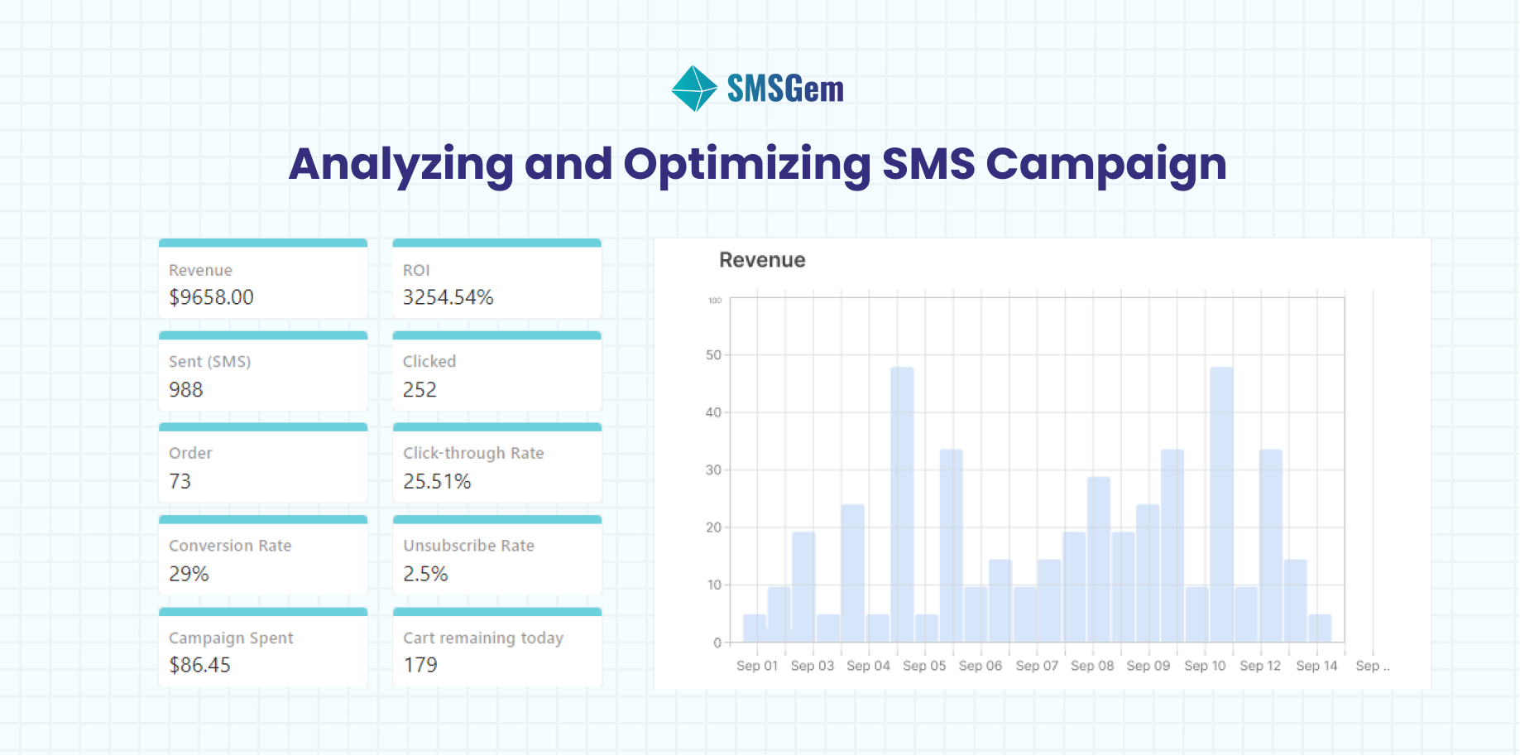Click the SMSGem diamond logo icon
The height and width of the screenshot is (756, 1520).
[693, 89]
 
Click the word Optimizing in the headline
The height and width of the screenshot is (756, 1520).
[746, 164]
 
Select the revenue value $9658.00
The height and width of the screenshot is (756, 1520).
[211, 297]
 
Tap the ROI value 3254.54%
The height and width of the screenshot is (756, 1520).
[448, 297]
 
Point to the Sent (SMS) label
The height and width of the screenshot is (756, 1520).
[209, 362]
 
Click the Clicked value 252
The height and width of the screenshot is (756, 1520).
[420, 390]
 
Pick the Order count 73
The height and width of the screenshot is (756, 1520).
[180, 482]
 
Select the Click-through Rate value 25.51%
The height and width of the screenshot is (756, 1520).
[437, 482]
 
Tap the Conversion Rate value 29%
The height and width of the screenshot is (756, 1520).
[189, 574]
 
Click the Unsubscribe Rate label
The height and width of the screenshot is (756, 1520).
[468, 546]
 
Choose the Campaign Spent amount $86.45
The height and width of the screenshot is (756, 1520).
[199, 665]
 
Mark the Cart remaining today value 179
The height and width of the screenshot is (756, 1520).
[420, 665]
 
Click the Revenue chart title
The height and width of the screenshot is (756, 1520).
[762, 260]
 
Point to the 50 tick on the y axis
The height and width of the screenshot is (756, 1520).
[713, 355]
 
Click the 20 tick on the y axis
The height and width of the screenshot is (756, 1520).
[713, 527]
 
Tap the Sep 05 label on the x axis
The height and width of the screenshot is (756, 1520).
[923, 666]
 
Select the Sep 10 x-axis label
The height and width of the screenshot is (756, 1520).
[1205, 666]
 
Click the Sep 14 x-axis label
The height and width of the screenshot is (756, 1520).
[1316, 666]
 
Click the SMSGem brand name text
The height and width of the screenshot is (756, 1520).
[785, 89]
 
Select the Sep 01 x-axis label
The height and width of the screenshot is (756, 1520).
[757, 666]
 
